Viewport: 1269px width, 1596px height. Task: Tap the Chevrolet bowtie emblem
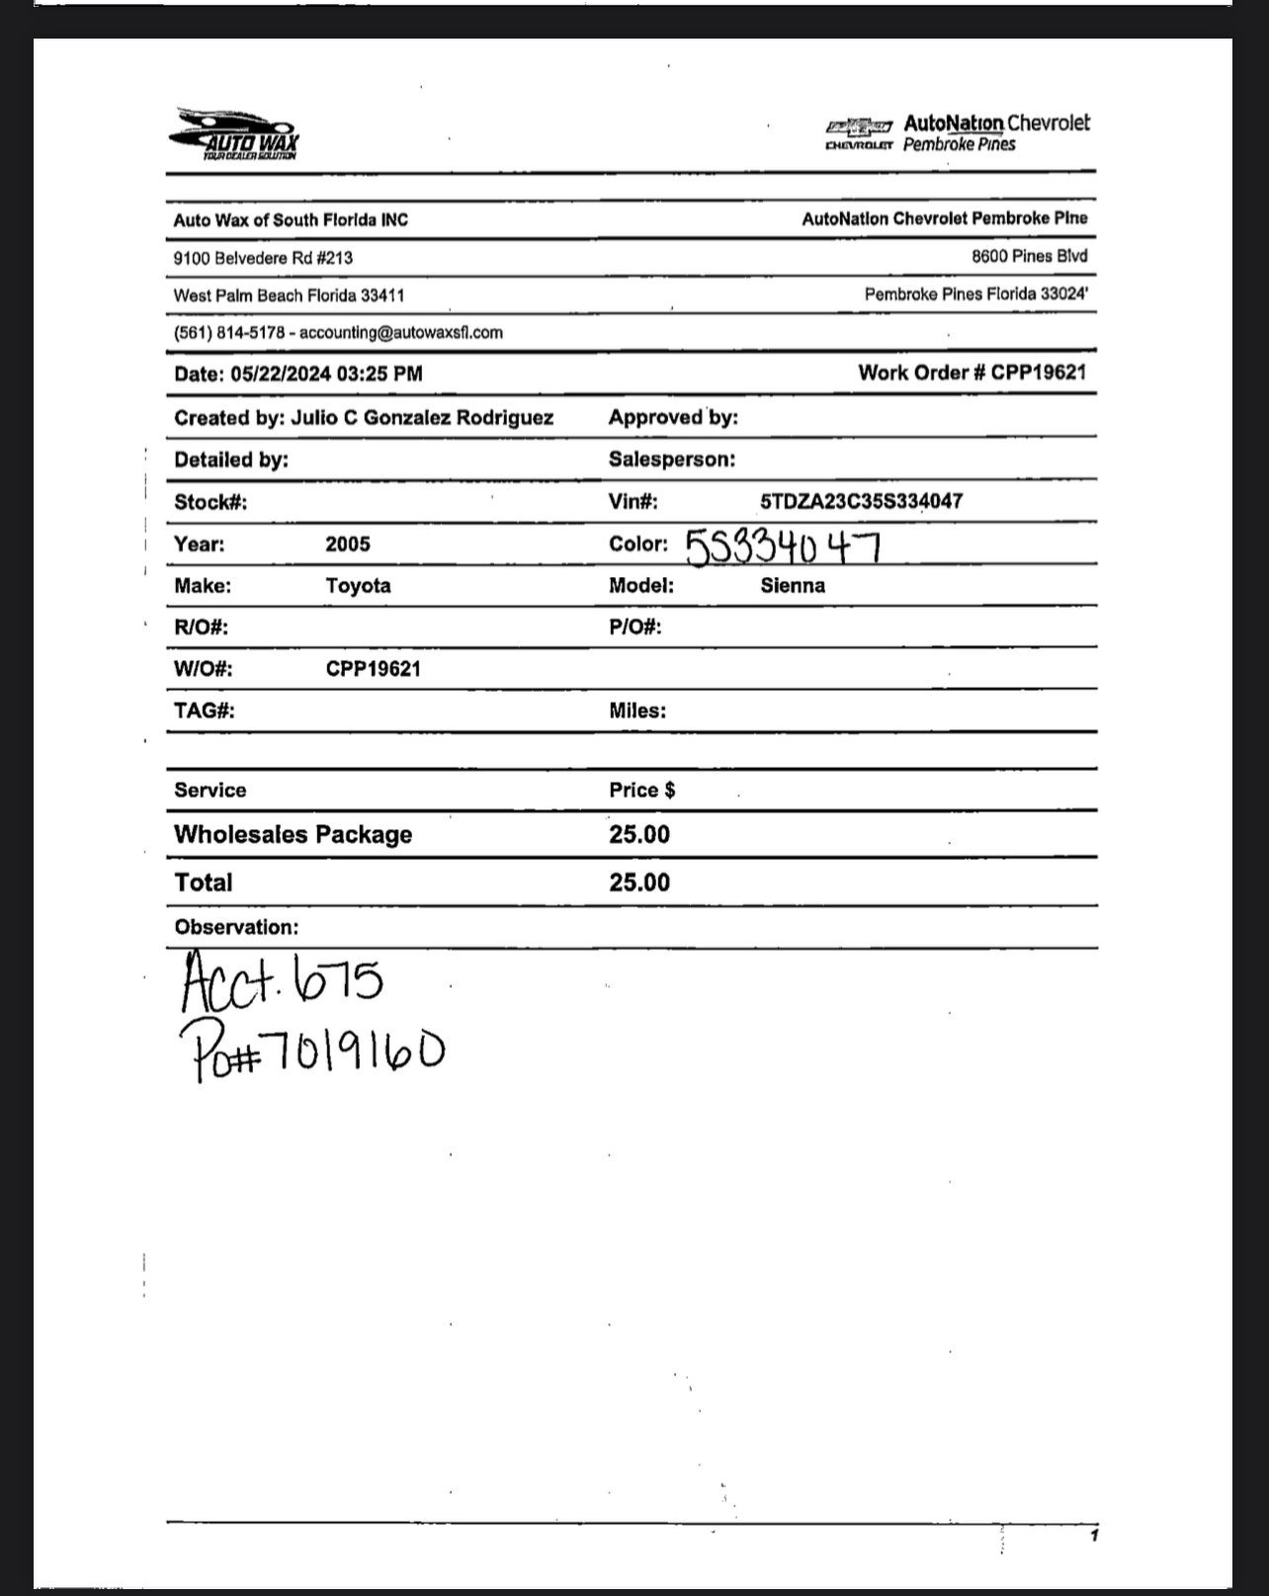click(859, 126)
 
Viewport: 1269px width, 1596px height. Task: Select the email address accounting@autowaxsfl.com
click(400, 333)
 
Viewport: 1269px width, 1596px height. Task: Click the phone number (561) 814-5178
click(229, 333)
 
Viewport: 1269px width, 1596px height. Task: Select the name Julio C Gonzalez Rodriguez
click(422, 417)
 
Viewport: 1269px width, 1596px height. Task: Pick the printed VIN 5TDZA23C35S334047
click(861, 501)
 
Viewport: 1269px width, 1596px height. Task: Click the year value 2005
click(348, 544)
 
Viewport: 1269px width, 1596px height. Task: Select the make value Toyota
click(358, 585)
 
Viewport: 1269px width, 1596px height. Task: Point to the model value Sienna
click(793, 585)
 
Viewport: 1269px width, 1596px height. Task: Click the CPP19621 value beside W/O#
click(373, 669)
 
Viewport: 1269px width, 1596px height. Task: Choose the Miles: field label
click(637, 711)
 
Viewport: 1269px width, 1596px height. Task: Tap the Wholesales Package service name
click(293, 834)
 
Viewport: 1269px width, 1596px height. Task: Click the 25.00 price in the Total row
click(639, 882)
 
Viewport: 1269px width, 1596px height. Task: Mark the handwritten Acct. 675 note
click(282, 981)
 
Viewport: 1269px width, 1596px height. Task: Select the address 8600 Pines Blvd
click(1029, 256)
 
